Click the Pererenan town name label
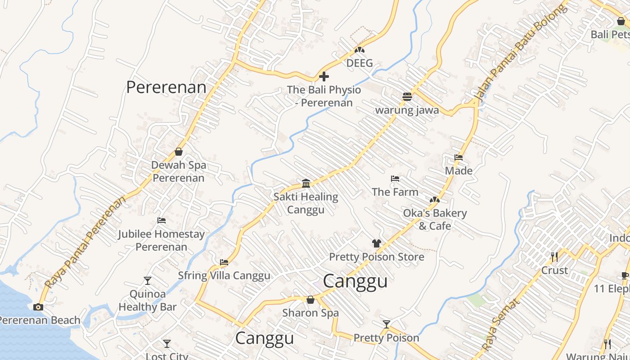point(166,87)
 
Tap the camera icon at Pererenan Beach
point(38,307)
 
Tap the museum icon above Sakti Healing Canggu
point(306,183)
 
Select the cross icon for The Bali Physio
point(324,76)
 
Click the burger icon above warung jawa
point(407,97)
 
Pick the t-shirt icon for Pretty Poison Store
point(377,243)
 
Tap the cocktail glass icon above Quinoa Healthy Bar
point(148,281)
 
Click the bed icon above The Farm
point(395,179)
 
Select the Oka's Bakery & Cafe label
point(435,219)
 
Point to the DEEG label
point(360,63)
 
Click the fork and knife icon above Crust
point(554,257)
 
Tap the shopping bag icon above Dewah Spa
point(179,152)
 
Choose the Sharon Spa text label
point(310,312)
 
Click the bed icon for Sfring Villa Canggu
point(224,262)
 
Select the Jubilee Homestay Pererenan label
point(161,240)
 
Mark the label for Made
point(459,171)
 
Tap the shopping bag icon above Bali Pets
point(621,21)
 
